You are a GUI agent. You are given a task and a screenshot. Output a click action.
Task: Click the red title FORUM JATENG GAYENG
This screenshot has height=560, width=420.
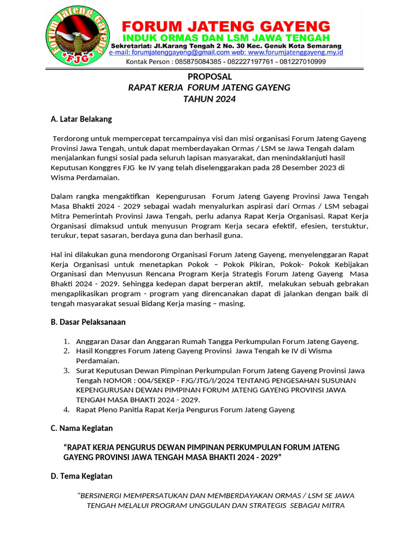tap(225, 26)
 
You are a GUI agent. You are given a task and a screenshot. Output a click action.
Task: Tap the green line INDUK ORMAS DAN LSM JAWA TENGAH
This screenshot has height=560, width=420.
tap(225, 38)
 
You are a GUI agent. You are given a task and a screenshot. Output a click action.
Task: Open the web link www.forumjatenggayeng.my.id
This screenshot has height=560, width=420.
tap(295, 53)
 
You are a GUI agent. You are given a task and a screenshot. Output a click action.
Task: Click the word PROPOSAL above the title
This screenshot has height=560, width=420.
tap(209, 77)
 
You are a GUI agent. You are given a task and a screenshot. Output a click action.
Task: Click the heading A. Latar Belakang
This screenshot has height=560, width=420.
tap(81, 119)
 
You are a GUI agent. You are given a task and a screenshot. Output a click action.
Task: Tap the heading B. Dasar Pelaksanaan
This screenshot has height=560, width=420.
tap(88, 322)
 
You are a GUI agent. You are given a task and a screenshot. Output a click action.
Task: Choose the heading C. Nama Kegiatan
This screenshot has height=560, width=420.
tap(81, 428)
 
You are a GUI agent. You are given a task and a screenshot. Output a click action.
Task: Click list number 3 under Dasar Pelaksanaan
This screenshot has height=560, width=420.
tap(66, 370)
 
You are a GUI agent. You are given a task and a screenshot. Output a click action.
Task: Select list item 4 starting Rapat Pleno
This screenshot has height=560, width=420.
tap(185, 410)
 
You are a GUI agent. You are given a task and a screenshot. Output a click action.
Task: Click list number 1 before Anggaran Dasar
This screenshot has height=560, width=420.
tap(66, 341)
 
